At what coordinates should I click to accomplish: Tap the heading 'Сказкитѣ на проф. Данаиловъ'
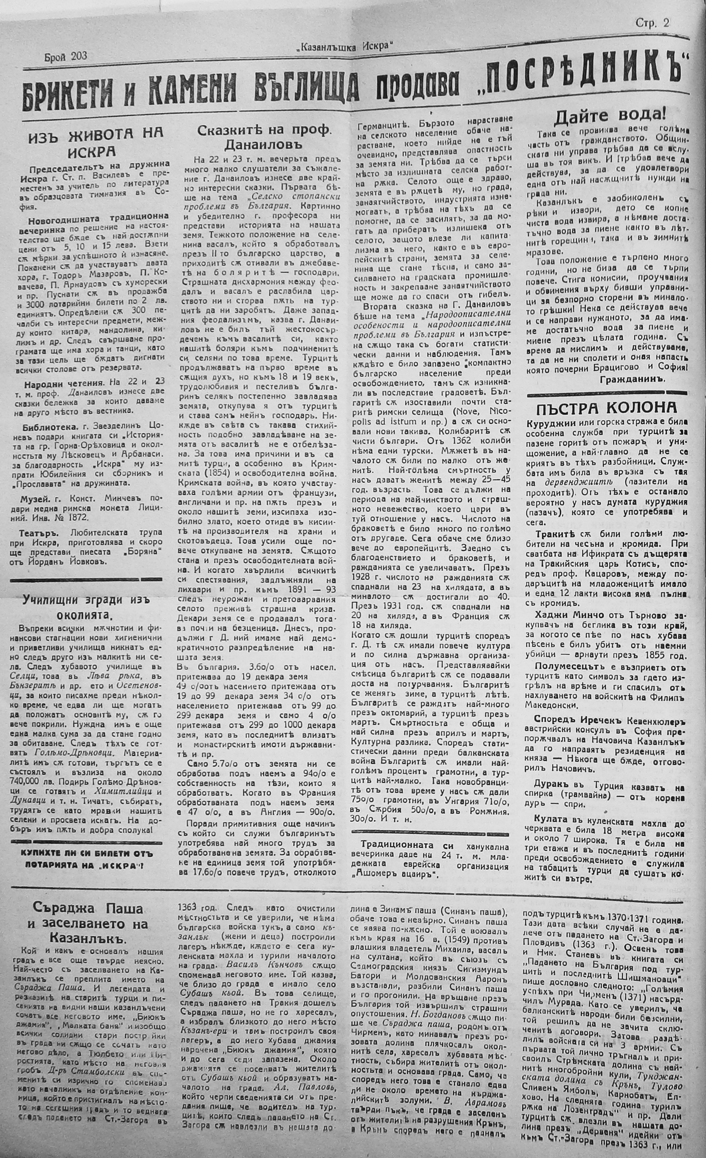[264, 137]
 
